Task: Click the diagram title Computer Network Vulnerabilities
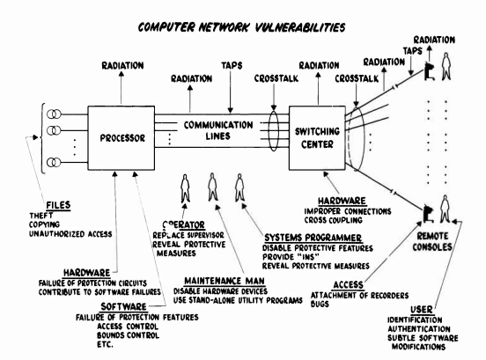(241, 27)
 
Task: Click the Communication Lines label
(218, 130)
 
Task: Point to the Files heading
(58, 205)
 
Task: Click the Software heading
(123, 306)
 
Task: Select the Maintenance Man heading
(225, 281)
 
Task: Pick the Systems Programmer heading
(313, 238)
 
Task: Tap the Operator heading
(183, 224)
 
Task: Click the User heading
(421, 310)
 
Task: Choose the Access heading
(348, 284)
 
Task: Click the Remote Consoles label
(432, 242)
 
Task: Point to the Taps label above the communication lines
(232, 66)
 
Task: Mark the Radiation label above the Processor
(122, 66)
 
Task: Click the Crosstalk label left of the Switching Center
(276, 78)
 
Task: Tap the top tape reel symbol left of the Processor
(54, 114)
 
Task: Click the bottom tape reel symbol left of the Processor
(54, 162)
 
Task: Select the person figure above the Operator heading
(185, 188)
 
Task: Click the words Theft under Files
(40, 216)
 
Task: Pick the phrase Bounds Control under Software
(128, 335)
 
